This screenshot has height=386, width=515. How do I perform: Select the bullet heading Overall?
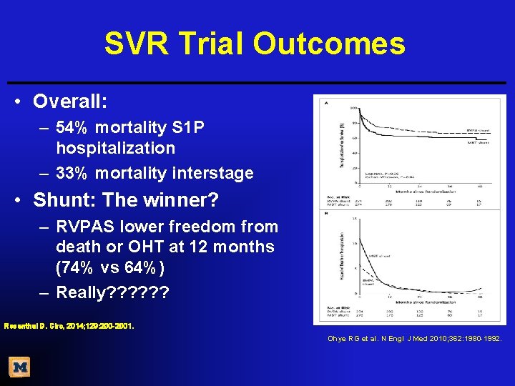[70, 102]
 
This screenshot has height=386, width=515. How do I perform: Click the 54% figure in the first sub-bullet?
[72, 127]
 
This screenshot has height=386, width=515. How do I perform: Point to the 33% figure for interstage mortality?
[72, 173]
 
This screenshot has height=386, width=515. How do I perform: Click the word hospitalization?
[115, 148]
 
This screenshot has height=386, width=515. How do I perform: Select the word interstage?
[211, 173]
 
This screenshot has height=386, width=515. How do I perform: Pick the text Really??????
[112, 292]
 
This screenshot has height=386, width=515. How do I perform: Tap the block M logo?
[20, 367]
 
